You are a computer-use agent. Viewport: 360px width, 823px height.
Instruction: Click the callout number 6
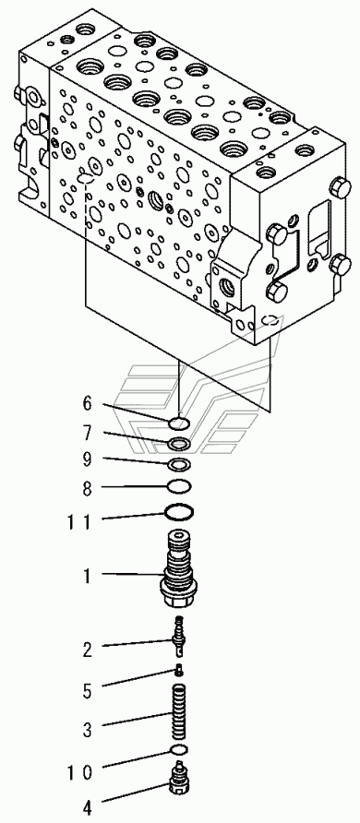[87, 403]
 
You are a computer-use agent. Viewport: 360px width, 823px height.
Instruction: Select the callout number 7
[87, 434]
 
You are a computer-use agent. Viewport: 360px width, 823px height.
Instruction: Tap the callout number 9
[87, 459]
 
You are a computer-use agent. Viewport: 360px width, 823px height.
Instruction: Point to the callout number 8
[87, 489]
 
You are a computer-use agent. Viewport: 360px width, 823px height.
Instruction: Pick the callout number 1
[87, 576]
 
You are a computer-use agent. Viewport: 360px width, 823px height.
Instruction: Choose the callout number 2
[87, 650]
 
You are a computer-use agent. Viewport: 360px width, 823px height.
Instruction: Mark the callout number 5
[87, 691]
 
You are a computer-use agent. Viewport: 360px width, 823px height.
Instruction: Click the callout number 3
[87, 729]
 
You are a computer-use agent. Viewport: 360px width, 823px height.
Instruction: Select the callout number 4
[87, 805]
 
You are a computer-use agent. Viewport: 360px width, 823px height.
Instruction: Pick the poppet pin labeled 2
[179, 637]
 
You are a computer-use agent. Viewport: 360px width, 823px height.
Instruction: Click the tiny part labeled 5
[179, 669]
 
